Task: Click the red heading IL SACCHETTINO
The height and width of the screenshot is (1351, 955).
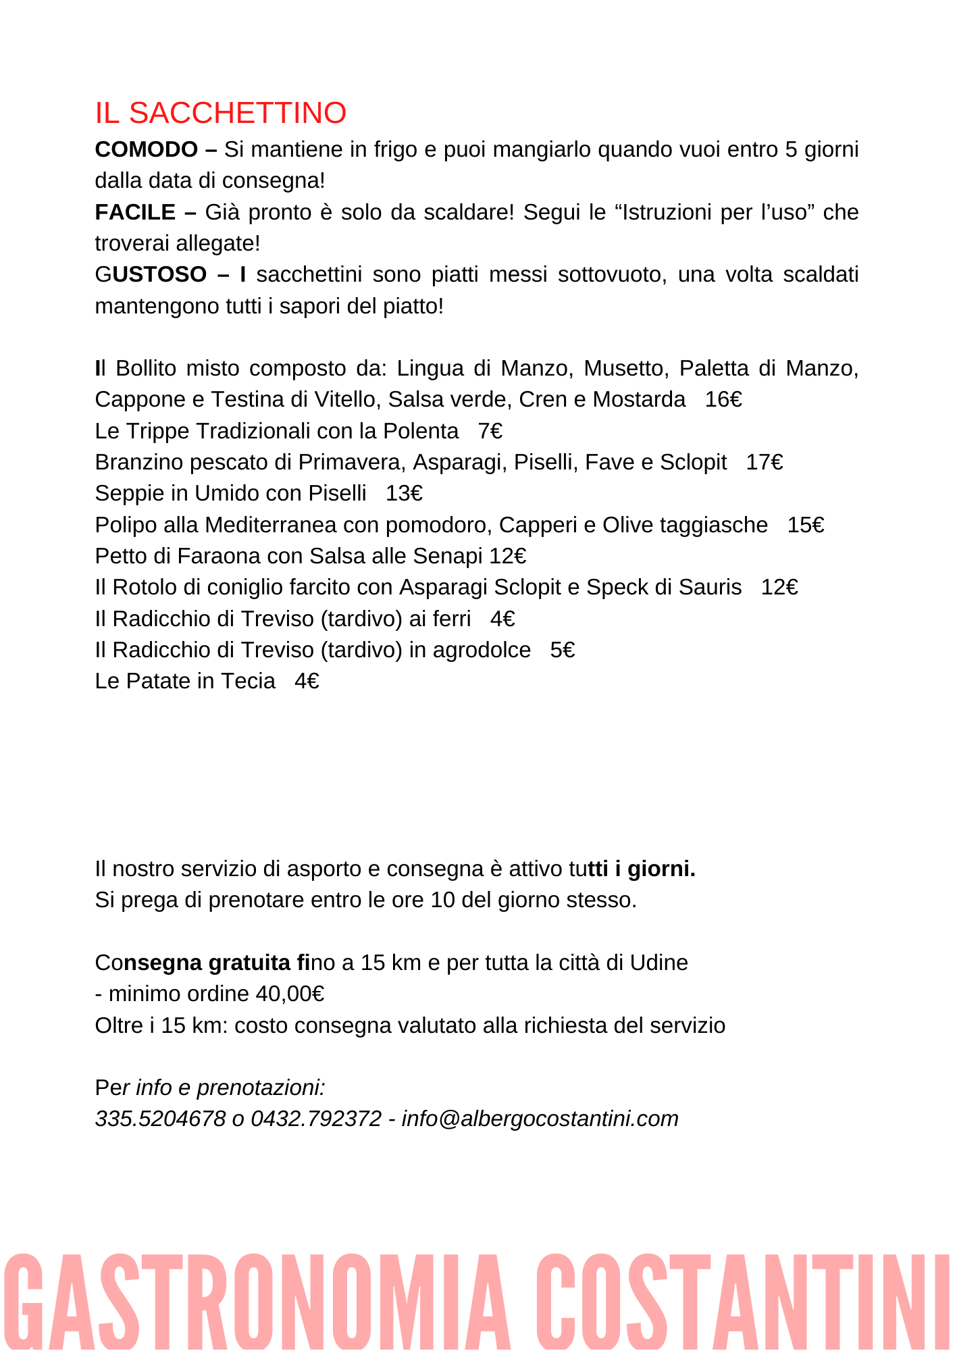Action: pos(220,113)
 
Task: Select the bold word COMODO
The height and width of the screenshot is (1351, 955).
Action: pos(147,149)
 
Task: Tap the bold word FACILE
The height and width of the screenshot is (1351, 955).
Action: pos(135,212)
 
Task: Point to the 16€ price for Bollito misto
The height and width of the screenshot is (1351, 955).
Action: pos(723,400)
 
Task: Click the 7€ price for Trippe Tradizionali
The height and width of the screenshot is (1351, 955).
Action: pos(490,431)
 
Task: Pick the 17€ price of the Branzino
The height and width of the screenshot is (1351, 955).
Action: pos(764,462)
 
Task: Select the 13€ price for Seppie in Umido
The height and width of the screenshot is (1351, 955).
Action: pos(404,494)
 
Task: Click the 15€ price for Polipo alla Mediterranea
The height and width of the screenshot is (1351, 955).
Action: pos(805,525)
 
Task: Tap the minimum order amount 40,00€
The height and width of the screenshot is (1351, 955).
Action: pos(290,994)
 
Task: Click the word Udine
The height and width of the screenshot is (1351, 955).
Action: pos(659,963)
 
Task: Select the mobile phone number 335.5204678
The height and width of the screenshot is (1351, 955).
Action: pos(160,1119)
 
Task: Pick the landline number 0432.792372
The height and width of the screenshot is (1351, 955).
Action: pos(316,1119)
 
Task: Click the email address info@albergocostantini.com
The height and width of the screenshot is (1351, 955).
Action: pos(540,1119)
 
